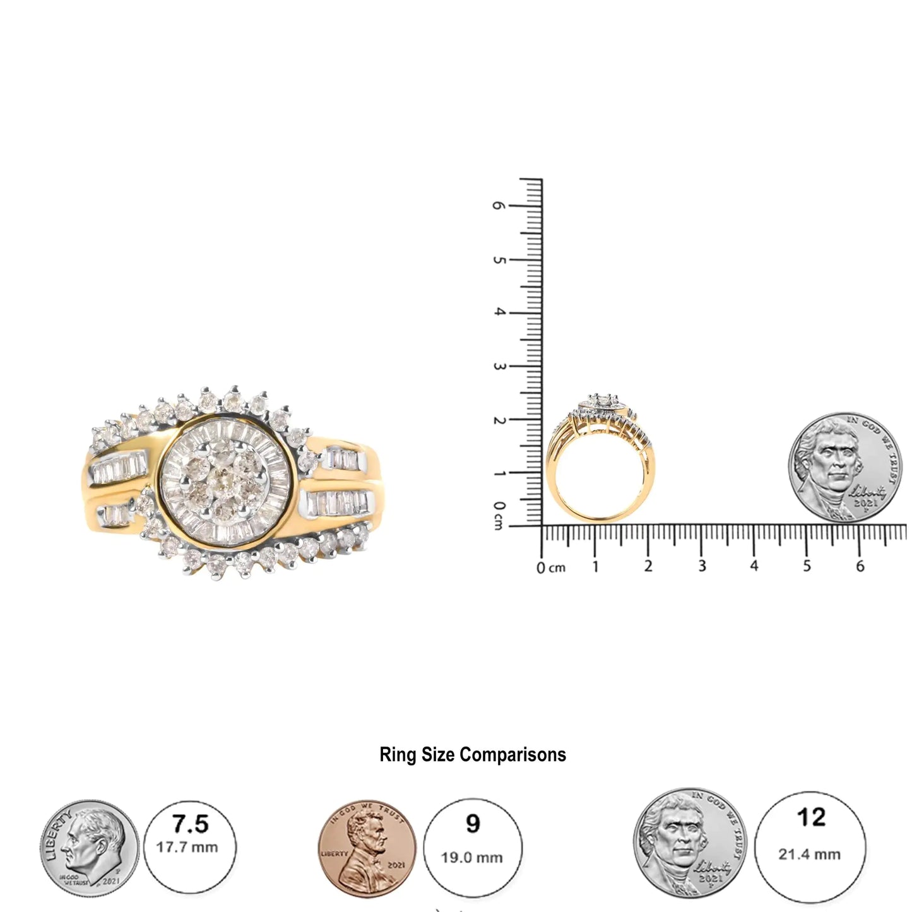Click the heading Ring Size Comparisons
(473, 755)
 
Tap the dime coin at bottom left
(90, 846)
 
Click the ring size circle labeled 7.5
(191, 846)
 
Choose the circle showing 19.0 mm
(473, 846)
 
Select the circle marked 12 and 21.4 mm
(810, 837)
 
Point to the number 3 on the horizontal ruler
(702, 566)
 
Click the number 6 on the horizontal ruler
(860, 566)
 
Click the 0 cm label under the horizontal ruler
(550, 567)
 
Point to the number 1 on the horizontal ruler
(595, 566)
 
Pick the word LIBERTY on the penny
(334, 853)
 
